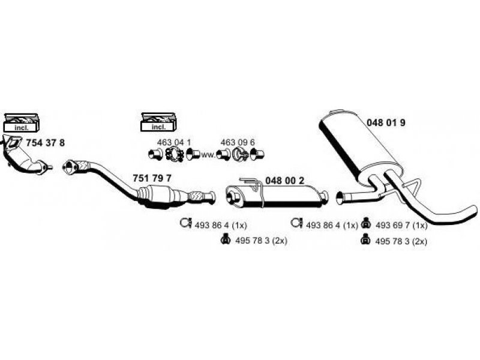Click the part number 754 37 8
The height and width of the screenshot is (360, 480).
point(46,143)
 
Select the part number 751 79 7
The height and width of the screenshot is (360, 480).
point(152,178)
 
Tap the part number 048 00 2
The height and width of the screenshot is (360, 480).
point(284,181)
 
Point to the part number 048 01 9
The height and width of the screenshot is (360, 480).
point(386,123)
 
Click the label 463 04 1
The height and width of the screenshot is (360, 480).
point(174,142)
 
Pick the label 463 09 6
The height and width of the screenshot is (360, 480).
point(238,142)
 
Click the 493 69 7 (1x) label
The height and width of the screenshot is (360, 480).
point(401,226)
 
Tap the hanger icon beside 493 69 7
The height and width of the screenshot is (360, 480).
point(365,223)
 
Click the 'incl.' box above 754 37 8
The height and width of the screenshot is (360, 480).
point(22,123)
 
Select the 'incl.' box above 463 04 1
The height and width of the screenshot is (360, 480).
point(158,122)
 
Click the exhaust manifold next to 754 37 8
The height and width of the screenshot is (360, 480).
point(25,156)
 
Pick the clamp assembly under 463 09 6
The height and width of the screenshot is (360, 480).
point(241,154)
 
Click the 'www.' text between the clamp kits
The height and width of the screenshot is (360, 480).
point(208,155)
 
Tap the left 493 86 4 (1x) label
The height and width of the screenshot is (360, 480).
point(220,226)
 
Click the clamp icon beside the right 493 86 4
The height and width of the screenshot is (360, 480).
point(296,223)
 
